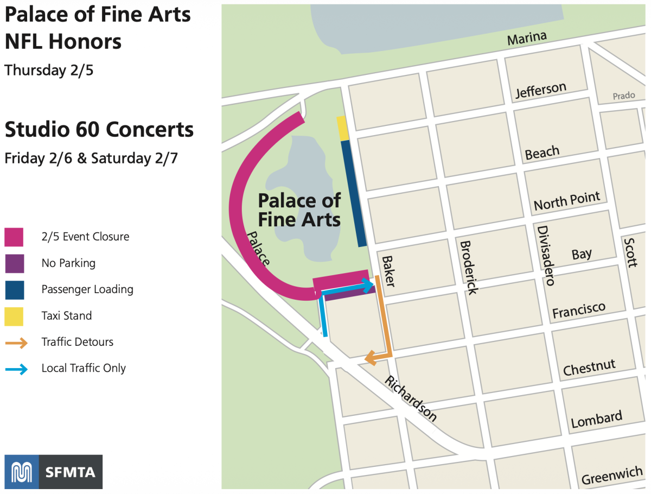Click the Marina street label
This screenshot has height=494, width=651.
tap(527, 38)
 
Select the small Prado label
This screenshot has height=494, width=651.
tap(624, 96)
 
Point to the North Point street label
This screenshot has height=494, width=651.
tap(567, 201)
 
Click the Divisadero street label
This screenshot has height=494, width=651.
tap(546, 255)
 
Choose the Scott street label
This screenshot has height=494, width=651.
tap(630, 252)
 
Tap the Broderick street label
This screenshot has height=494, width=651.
tap(468, 267)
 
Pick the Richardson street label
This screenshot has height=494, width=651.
tap(411, 398)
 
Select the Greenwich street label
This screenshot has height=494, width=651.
tap(612, 477)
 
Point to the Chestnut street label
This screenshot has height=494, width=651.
tap(590, 368)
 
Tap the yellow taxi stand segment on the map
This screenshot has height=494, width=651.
tap(342, 128)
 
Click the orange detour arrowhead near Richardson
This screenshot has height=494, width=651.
tap(371, 358)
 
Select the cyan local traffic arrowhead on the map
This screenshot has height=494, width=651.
tap(369, 285)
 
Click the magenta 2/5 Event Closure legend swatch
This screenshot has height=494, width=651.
tap(14, 237)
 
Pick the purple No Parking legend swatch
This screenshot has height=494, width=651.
tap(14, 263)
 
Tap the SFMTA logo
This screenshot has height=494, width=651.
tap(53, 472)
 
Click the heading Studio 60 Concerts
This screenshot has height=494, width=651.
tap(99, 130)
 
